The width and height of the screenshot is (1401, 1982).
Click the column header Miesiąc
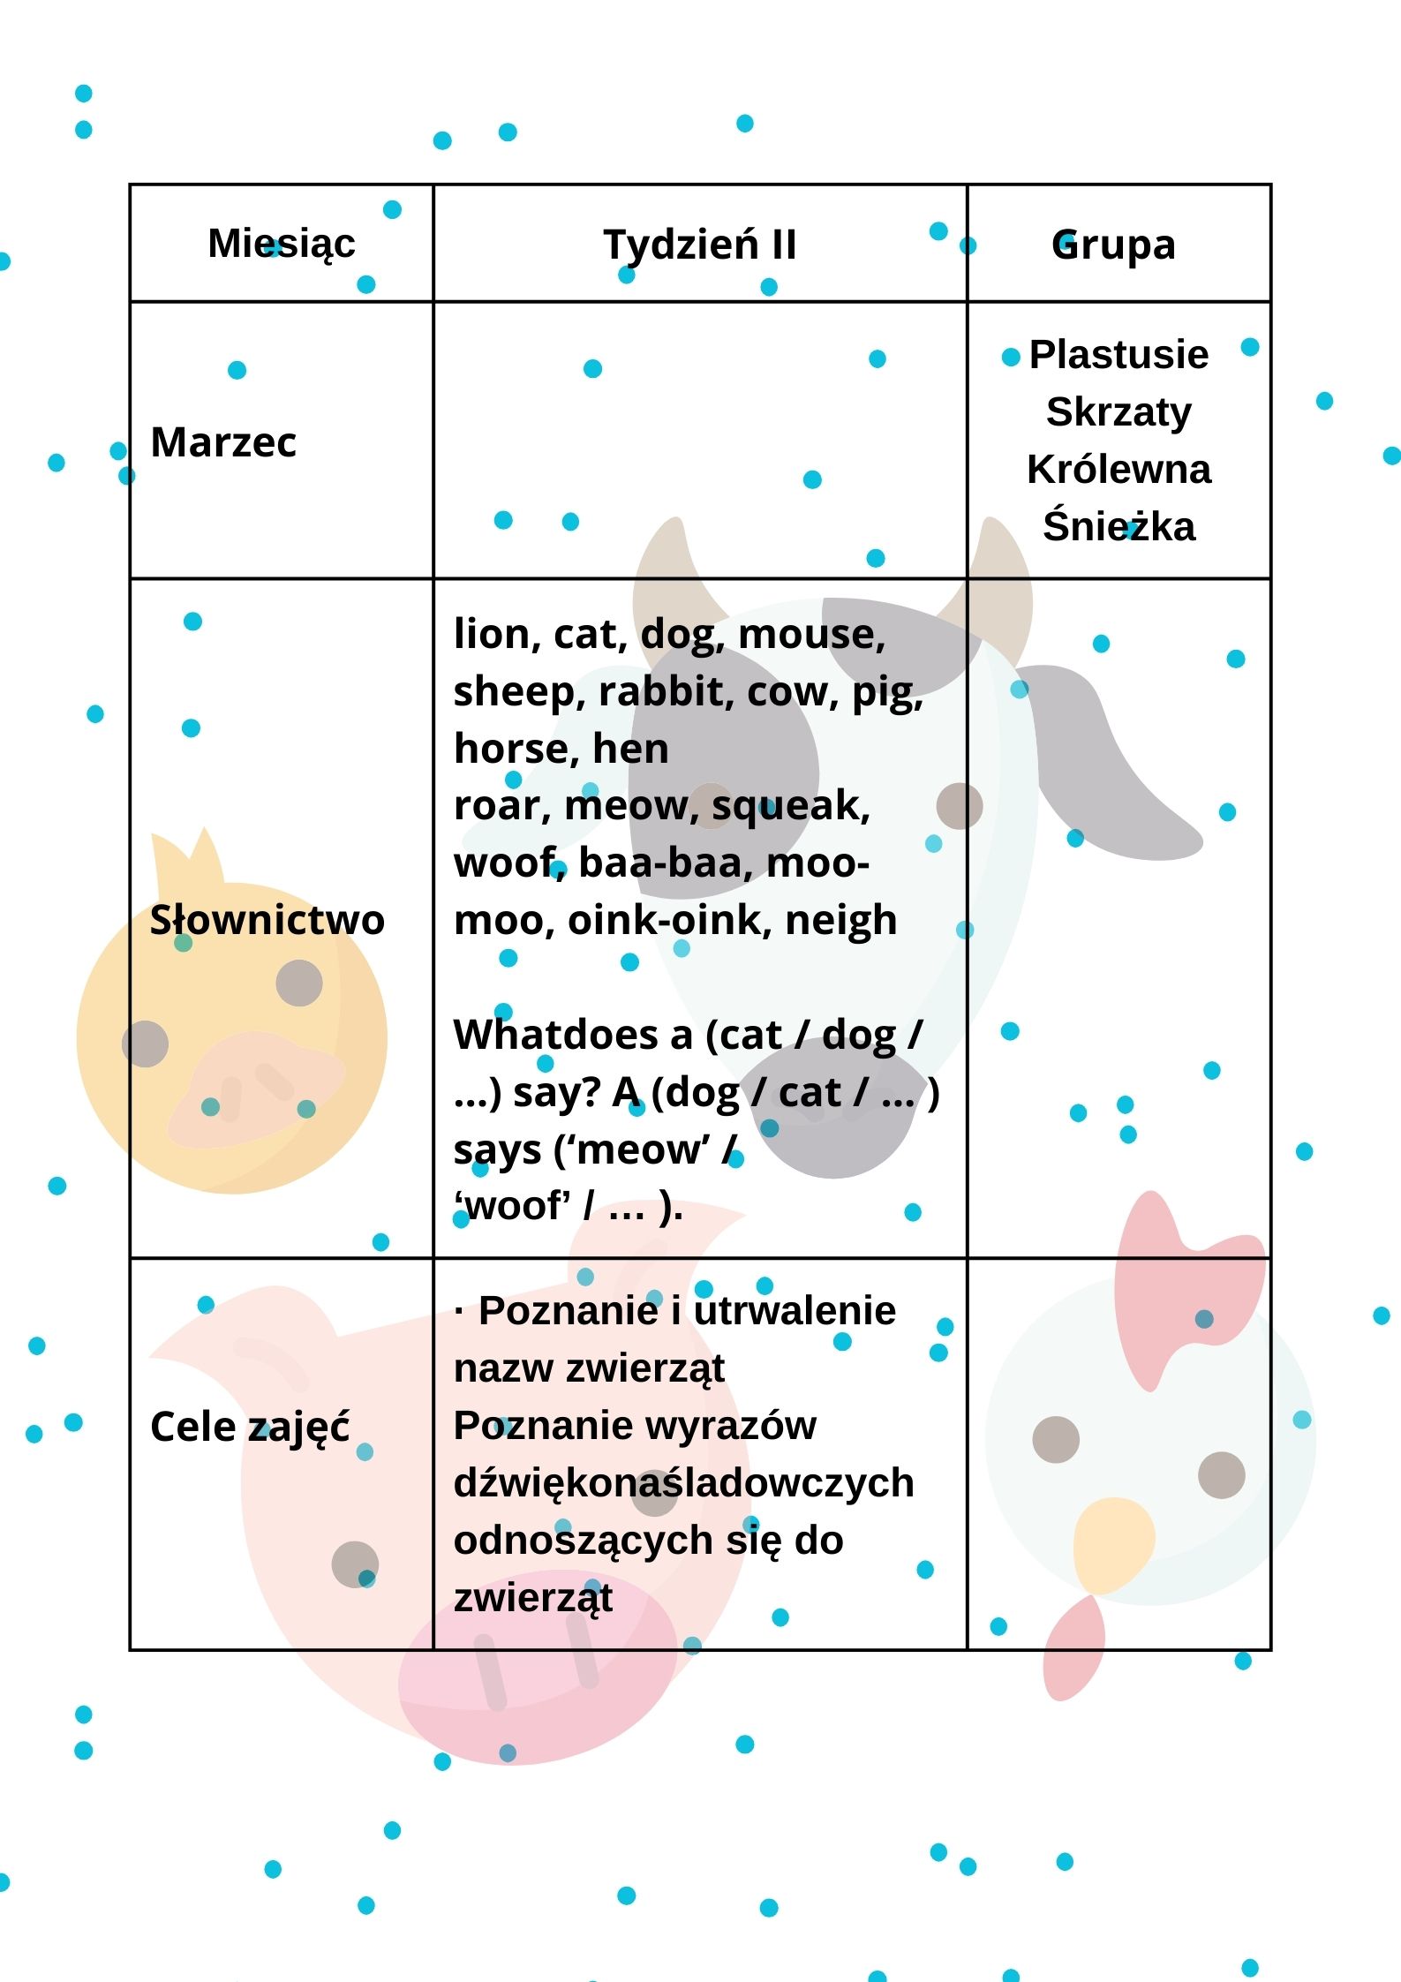tap(281, 244)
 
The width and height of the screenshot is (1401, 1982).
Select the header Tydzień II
tap(699, 245)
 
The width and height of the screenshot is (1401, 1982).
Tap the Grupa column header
tap(1113, 245)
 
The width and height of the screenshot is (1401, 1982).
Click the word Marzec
tap(223, 442)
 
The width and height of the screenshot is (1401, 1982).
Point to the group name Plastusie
tap(1119, 355)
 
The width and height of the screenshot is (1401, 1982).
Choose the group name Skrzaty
tap(1119, 412)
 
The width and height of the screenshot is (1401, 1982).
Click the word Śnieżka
tap(1119, 526)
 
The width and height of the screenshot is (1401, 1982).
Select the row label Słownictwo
tap(267, 920)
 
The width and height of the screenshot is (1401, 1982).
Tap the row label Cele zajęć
tap(250, 1427)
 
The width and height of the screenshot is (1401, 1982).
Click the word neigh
tap(840, 920)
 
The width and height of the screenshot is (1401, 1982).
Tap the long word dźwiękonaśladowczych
tap(683, 1483)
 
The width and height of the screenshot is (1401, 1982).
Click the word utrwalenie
tap(795, 1311)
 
